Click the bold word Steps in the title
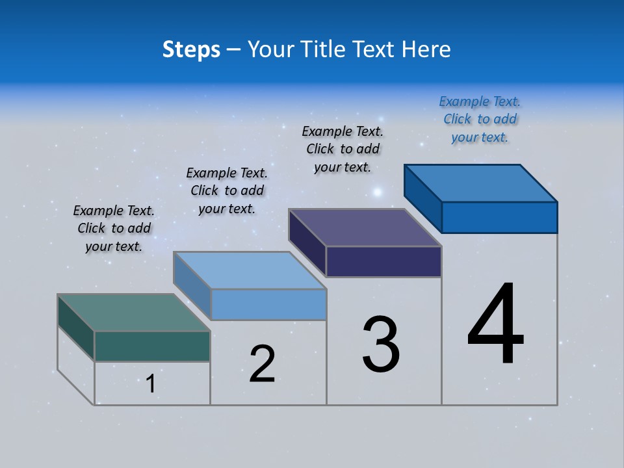pos(191,49)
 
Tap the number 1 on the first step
pos(150,384)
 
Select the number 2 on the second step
pos(262,364)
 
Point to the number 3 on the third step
pos(381,344)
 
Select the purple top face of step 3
pos(365,227)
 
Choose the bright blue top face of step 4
pos(480,183)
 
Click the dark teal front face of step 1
pos(152,346)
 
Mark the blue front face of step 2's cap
pos(268,304)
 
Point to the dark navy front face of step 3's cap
pos(383,261)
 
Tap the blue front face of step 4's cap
pos(499,217)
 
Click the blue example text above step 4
pos(480,120)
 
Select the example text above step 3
pos(343,149)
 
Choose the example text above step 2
pos(227,190)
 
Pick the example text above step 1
pos(114,228)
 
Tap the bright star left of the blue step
pos(377,192)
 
